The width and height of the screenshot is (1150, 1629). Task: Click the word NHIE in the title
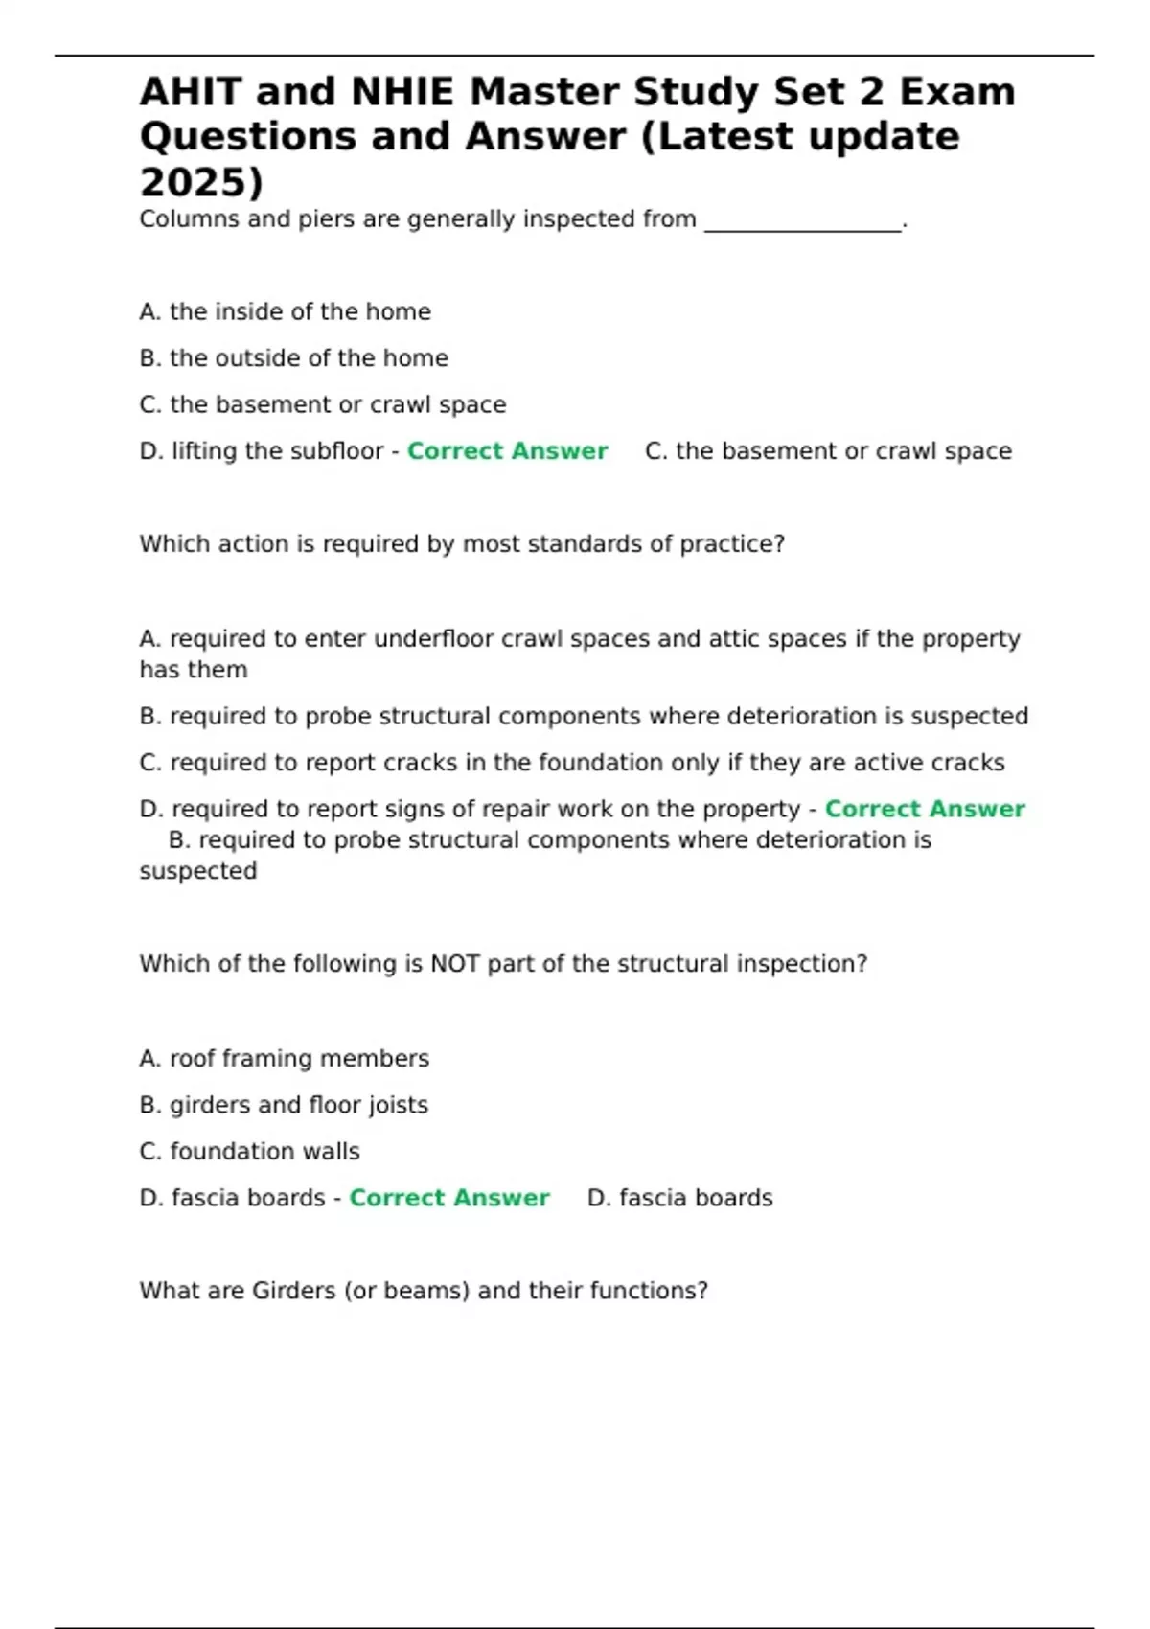pos(402,92)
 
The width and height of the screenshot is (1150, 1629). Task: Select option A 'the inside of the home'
pos(285,312)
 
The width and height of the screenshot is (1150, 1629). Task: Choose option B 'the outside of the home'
pos(293,358)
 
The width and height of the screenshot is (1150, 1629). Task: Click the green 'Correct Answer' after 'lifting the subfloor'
pos(507,451)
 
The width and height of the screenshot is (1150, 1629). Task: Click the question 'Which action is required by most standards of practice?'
pos(462,544)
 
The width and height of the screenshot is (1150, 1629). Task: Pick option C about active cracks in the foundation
pos(571,763)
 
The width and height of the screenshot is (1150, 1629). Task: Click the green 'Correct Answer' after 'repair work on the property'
pos(925,810)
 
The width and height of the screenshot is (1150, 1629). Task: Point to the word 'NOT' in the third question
pos(455,964)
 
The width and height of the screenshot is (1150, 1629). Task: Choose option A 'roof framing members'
pos(284,1059)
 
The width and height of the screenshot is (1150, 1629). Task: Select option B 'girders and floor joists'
pos(284,1105)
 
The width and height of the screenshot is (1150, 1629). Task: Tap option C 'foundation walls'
pos(249,1152)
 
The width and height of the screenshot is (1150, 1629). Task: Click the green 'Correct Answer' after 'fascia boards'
pos(449,1198)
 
